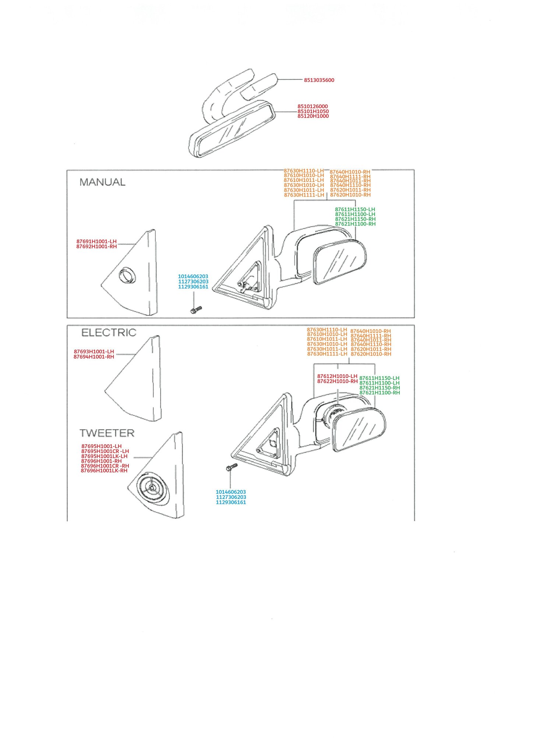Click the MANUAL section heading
[x=102, y=182]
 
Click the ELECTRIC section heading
[x=109, y=333]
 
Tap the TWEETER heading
[x=107, y=433]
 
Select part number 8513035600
[x=319, y=80]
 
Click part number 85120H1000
[x=313, y=116]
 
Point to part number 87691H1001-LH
[x=96, y=242]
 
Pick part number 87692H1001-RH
[x=96, y=246]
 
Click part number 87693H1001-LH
[x=94, y=352]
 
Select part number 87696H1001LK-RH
[x=104, y=471]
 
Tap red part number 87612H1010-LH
[x=337, y=376]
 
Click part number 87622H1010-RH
[x=338, y=381]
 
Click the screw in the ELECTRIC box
[x=232, y=467]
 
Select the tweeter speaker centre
[x=152, y=488]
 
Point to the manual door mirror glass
[x=340, y=262]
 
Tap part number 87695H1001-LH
[x=101, y=446]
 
